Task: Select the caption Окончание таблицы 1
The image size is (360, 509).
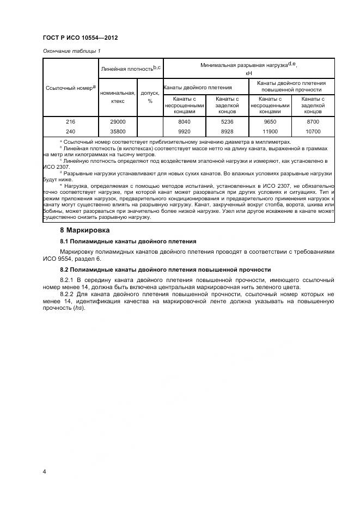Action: tap(71, 51)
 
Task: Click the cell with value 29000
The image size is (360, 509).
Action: tap(118, 122)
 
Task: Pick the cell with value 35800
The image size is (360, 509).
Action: tap(118, 131)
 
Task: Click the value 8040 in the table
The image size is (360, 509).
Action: tap(184, 122)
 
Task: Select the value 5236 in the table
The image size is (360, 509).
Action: tap(227, 122)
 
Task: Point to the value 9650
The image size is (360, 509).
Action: tap(270, 122)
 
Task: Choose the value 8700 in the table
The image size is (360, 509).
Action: tap(313, 122)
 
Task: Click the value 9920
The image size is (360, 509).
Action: tap(184, 131)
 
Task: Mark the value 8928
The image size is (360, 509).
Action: tap(227, 131)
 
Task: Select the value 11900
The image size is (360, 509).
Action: tap(270, 131)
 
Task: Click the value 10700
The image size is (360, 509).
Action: tap(313, 131)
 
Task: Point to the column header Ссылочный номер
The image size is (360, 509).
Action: tap(70, 87)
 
